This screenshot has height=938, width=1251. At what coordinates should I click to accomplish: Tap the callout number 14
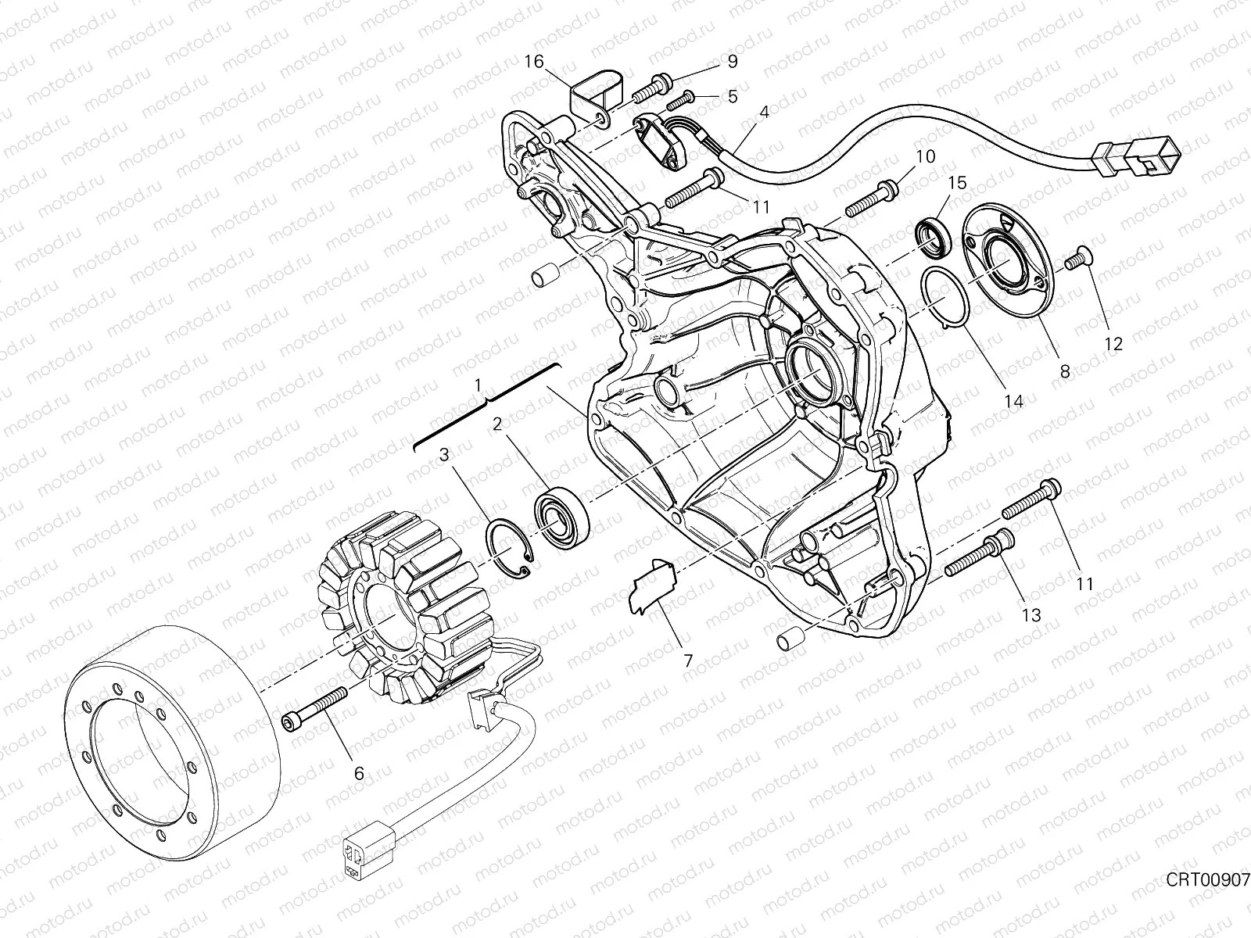tap(1013, 401)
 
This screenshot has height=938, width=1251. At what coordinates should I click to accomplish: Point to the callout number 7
tap(688, 661)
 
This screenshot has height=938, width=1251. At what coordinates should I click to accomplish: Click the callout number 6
tap(359, 774)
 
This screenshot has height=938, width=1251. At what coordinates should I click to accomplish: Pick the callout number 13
tap(1031, 615)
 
